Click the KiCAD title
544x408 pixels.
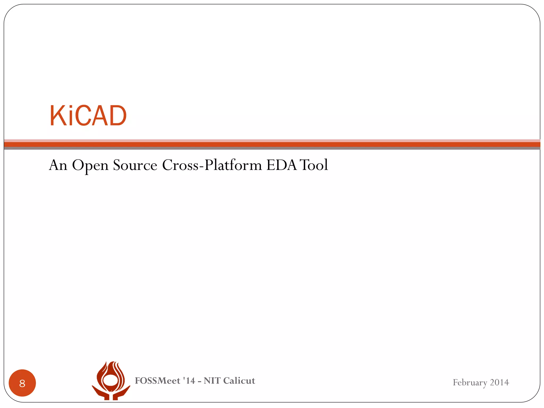pyautogui.click(x=88, y=116)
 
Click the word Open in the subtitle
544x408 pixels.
pyautogui.click(x=90, y=165)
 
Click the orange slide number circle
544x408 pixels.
pyautogui.click(x=22, y=383)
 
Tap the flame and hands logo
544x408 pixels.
pyautogui.click(x=111, y=380)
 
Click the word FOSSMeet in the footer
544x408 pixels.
pyautogui.click(x=158, y=381)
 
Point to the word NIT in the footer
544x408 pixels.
pyautogui.click(x=212, y=381)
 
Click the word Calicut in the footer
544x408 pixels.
pyautogui.click(x=239, y=381)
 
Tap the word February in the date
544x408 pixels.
pyautogui.click(x=470, y=382)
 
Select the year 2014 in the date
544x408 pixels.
pyautogui.click(x=499, y=382)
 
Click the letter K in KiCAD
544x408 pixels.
pyautogui.click(x=57, y=116)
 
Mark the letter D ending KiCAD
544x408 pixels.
pyautogui.click(x=118, y=116)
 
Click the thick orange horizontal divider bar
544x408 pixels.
pyautogui.click(x=272, y=144)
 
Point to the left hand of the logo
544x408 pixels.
pyautogui.click(x=100, y=393)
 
